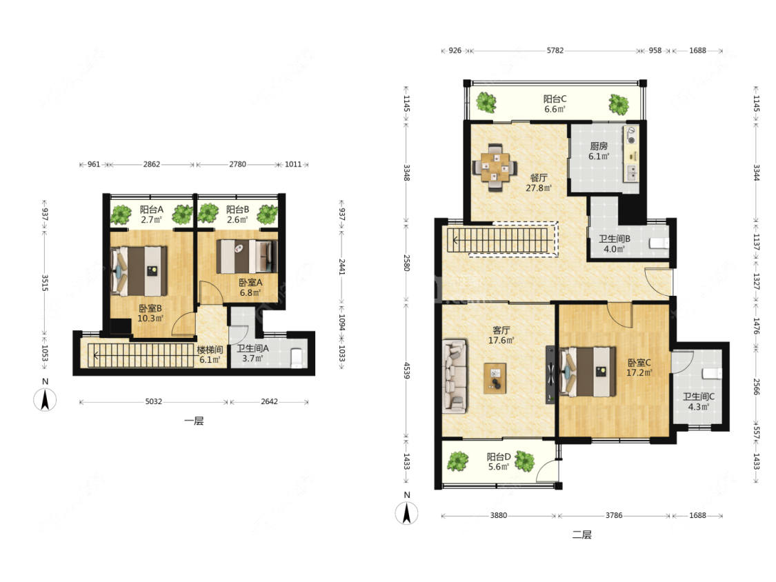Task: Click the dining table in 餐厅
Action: click(x=495, y=168)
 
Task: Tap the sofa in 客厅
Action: click(x=455, y=376)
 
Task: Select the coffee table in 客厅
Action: click(x=495, y=378)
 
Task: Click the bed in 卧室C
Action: click(x=588, y=372)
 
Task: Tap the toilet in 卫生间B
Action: click(x=658, y=243)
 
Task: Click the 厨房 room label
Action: click(x=599, y=146)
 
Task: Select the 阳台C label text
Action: click(x=555, y=99)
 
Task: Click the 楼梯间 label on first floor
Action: click(x=209, y=350)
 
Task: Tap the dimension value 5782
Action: click(x=555, y=50)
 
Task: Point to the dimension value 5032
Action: click(x=153, y=401)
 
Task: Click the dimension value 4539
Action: click(x=407, y=371)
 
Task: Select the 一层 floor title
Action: click(x=194, y=421)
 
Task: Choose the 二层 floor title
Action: click(x=581, y=534)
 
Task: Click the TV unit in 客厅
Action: click(x=550, y=374)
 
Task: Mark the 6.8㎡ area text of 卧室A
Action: click(x=250, y=292)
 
